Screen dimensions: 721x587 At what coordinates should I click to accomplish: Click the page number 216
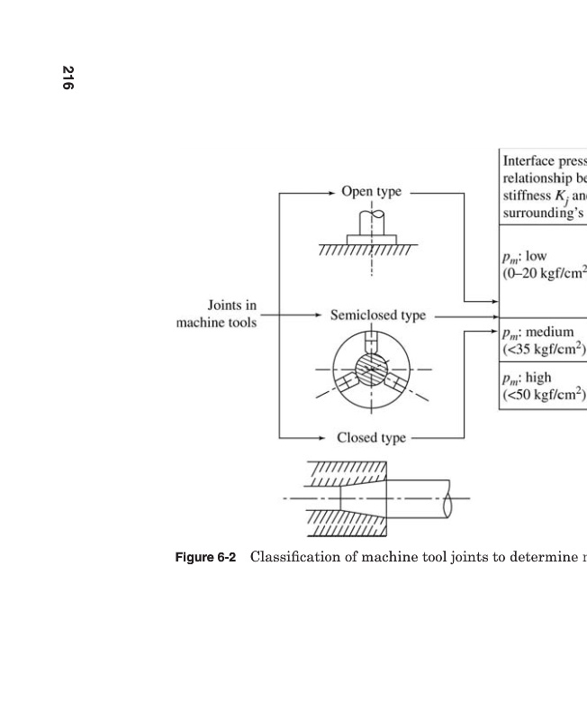click(x=68, y=78)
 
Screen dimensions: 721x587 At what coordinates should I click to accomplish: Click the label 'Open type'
click(x=371, y=192)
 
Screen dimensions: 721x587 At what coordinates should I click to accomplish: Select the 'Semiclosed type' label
click(x=377, y=315)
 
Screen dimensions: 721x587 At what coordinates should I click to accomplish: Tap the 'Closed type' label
click(x=371, y=438)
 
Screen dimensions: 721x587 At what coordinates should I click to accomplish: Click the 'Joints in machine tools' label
click(x=216, y=315)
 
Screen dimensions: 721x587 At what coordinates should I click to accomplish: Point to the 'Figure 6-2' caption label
click(x=205, y=557)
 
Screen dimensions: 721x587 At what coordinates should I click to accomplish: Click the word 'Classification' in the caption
click(x=297, y=557)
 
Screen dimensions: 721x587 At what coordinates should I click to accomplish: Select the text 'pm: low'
click(x=525, y=256)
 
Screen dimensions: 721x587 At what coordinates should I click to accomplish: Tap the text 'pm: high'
click(x=528, y=377)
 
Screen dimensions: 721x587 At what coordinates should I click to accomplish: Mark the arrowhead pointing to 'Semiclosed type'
click(x=321, y=316)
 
